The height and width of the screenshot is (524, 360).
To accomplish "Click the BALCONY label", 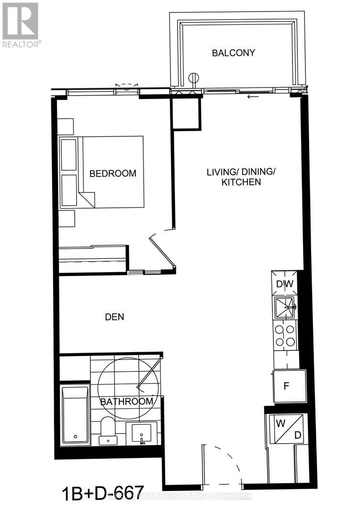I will (x=234, y=53).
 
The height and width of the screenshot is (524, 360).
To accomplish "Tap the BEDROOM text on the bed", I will (x=113, y=173).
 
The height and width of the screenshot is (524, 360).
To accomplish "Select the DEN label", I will (x=115, y=317).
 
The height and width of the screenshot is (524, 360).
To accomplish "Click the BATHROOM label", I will (x=127, y=401).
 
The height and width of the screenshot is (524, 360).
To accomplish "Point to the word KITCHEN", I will (x=240, y=182).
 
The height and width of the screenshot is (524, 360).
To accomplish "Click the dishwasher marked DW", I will (x=284, y=283).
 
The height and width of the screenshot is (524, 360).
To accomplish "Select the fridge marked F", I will (x=286, y=386).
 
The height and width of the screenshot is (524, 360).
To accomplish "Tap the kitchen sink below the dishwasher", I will (x=285, y=307).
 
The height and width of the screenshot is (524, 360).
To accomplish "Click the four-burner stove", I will (x=284, y=335).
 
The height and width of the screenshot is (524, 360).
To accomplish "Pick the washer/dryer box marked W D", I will (x=286, y=429).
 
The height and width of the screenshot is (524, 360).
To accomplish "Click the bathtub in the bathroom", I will (x=75, y=415).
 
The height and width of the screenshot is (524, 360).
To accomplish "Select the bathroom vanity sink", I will (x=142, y=433).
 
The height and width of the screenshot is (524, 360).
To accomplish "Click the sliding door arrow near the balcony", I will (x=250, y=98).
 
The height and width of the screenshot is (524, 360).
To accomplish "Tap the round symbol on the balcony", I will (x=194, y=78).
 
